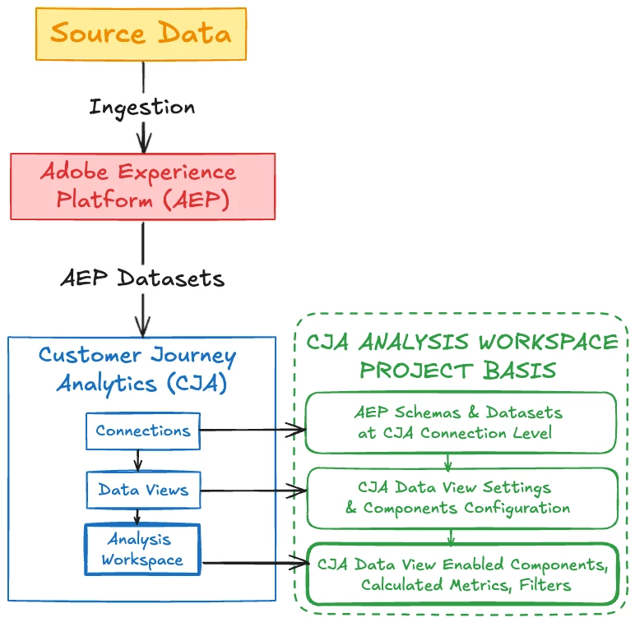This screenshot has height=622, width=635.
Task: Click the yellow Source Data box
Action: pyautogui.click(x=141, y=34)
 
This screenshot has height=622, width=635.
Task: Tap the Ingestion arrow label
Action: pyautogui.click(x=141, y=107)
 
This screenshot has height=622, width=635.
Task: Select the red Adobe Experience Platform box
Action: pyautogui.click(x=142, y=187)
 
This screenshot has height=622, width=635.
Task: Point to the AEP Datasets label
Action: pyautogui.click(x=142, y=278)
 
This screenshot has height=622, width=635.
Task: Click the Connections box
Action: pyautogui.click(x=142, y=431)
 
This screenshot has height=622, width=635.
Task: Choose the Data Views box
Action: pyautogui.click(x=142, y=491)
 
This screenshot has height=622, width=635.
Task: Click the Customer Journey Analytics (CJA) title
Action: pyautogui.click(x=137, y=369)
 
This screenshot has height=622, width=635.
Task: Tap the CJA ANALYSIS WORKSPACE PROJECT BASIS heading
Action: pyautogui.click(x=461, y=355)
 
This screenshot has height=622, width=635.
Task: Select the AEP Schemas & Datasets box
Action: pyautogui.click(x=461, y=422)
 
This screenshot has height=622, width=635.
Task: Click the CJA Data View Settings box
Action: pyautogui.click(x=461, y=498)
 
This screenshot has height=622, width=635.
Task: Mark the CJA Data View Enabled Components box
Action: pyautogui.click(x=461, y=574)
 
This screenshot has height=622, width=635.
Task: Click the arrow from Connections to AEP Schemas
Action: pyautogui.click(x=252, y=428)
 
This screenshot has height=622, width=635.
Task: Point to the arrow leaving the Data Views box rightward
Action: pyautogui.click(x=252, y=491)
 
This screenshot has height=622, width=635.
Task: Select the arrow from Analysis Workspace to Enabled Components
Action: pyautogui.click(x=252, y=563)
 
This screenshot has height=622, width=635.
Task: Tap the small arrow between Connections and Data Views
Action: pyautogui.click(x=139, y=459)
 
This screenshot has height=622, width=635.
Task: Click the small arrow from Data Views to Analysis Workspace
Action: pyautogui.click(x=139, y=517)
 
